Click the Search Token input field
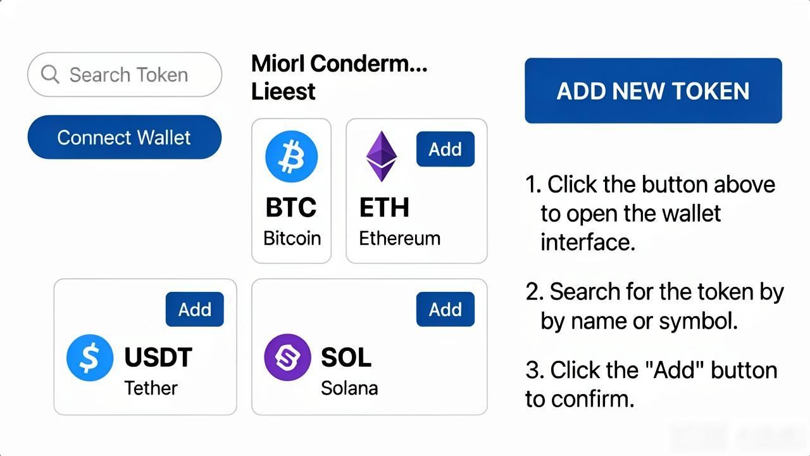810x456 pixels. click(x=125, y=75)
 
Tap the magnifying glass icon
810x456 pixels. click(x=50, y=75)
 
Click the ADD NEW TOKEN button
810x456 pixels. click(x=653, y=91)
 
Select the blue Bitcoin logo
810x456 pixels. click(x=292, y=156)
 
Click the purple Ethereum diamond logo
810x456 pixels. click(x=382, y=156)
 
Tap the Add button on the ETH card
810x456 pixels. click(x=445, y=149)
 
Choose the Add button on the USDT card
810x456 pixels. click(x=194, y=310)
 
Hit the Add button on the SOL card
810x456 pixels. click(x=445, y=310)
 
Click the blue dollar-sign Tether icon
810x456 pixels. click(x=90, y=358)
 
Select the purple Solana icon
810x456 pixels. click(x=287, y=357)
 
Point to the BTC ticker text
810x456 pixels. click(x=291, y=207)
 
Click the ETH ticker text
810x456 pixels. click(x=384, y=207)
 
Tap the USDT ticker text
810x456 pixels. click(x=158, y=357)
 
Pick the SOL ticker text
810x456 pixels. click(x=346, y=357)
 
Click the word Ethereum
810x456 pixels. click(x=399, y=239)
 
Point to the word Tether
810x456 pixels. click(x=151, y=388)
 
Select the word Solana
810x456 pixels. click(x=349, y=388)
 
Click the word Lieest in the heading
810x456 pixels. click(x=283, y=91)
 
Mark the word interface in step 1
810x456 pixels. click(x=588, y=242)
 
